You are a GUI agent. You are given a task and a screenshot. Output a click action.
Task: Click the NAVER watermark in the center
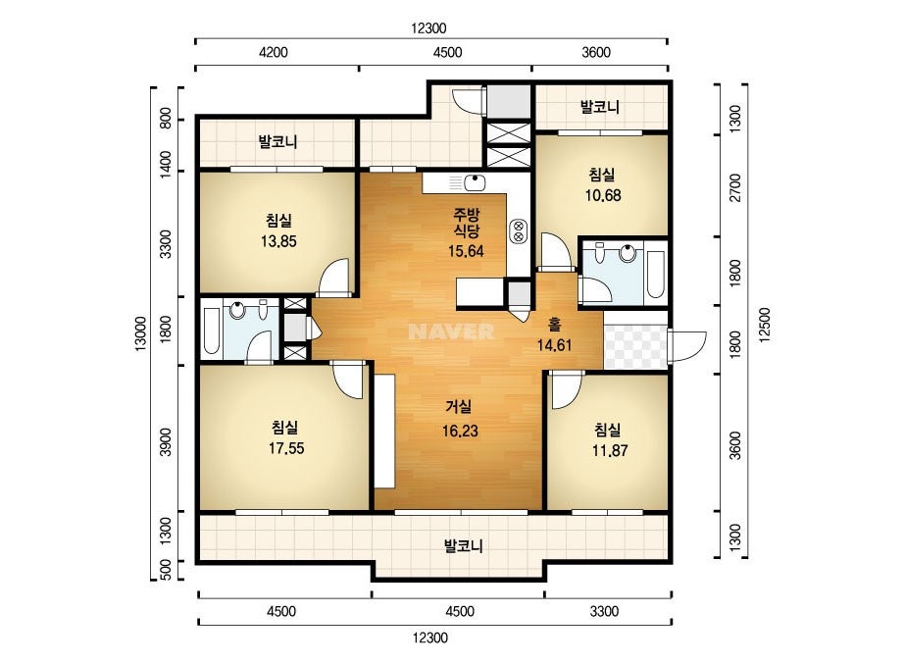click(x=451, y=331)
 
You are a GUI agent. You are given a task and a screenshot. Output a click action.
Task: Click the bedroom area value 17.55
click(x=286, y=449)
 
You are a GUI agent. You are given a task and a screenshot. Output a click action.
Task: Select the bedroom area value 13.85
click(x=278, y=241)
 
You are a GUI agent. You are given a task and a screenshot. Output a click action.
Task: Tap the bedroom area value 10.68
click(x=603, y=196)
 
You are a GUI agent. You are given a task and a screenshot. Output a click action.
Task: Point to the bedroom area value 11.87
click(x=610, y=450)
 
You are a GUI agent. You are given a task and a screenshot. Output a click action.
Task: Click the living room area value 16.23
click(x=460, y=431)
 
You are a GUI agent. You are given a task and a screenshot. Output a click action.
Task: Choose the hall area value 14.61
click(x=555, y=346)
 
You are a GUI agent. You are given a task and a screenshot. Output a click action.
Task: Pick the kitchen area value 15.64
click(x=466, y=251)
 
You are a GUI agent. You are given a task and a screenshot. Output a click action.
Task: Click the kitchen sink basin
click(x=475, y=183)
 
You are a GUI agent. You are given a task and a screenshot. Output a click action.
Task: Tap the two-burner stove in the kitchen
click(x=519, y=231)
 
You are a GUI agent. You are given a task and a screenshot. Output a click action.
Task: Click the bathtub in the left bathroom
click(x=211, y=331)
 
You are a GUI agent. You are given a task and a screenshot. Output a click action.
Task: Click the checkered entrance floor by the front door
click(x=635, y=346)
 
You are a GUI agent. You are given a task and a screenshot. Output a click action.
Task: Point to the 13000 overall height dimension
click(x=142, y=333)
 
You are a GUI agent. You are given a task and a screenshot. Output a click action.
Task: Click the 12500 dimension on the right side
click(x=766, y=326)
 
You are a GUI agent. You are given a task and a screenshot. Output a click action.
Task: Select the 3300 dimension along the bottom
click(x=604, y=612)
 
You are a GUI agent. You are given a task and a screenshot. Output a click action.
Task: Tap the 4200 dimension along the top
click(x=273, y=53)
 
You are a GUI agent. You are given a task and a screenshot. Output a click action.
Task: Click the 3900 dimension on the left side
click(x=167, y=441)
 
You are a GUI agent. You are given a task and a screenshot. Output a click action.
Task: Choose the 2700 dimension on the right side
click(x=734, y=187)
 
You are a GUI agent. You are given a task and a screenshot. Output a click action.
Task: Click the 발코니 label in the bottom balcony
click(x=463, y=545)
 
